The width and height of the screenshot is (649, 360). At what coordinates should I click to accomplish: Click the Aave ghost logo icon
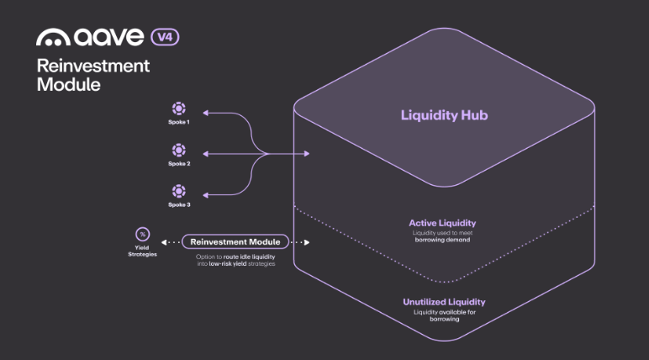(53, 38)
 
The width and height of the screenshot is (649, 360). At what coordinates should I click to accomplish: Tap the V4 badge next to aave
(165, 37)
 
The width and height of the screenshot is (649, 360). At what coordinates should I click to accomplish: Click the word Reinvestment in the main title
(93, 66)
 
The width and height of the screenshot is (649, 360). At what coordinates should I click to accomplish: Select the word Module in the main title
(68, 84)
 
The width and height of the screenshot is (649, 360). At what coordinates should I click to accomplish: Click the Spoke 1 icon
(178, 109)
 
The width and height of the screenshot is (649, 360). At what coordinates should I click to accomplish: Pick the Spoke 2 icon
(178, 150)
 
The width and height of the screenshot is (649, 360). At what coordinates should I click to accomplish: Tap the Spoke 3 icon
(178, 191)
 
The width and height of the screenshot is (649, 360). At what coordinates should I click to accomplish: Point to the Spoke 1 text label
(178, 123)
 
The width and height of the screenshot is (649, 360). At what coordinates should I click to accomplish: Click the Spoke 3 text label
(178, 204)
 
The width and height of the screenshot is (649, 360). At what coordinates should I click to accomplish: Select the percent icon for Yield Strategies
(143, 234)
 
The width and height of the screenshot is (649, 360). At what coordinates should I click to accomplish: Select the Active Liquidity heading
(442, 223)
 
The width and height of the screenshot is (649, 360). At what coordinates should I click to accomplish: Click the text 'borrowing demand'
(442, 240)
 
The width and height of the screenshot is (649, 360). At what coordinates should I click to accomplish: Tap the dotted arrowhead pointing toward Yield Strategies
(163, 242)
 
